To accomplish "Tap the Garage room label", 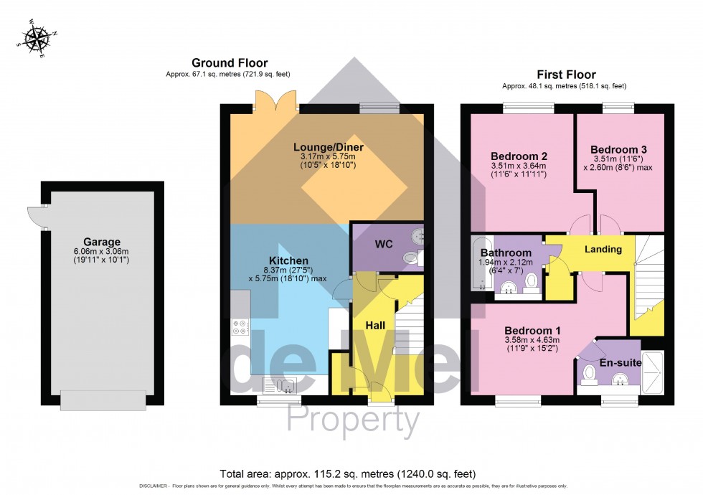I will coord(101,242).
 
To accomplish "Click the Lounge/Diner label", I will coord(329,148).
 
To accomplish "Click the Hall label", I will coord(375,326).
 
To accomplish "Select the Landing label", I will coord(603,250).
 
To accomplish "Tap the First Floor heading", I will coord(565,75).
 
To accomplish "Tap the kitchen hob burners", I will coord(240,327).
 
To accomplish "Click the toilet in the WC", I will coord(411,258).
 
